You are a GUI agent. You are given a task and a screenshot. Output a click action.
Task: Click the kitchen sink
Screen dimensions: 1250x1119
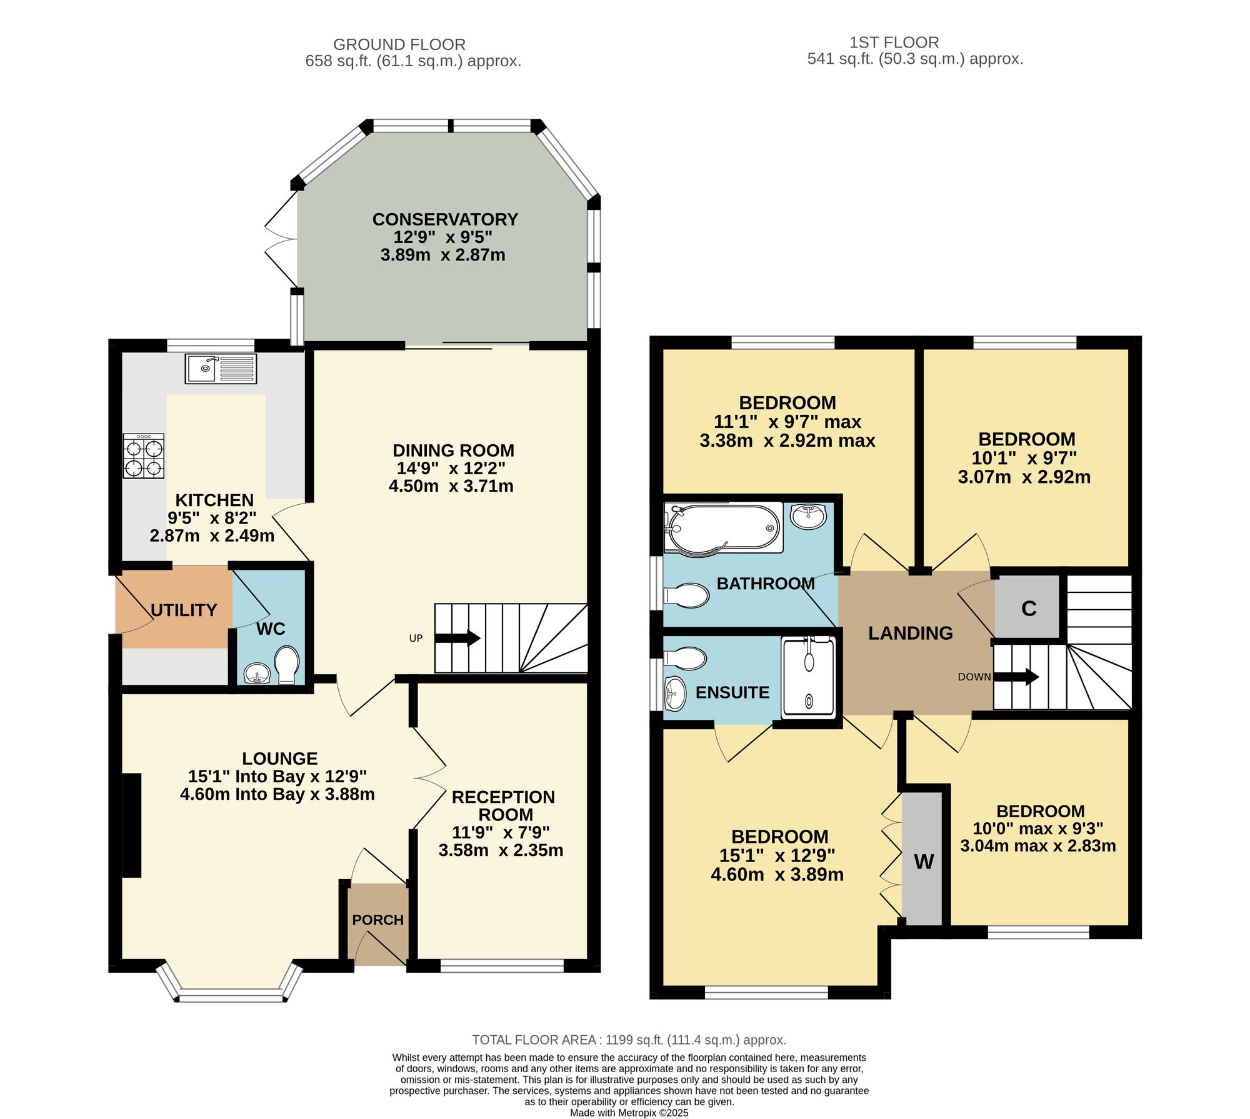(221, 369)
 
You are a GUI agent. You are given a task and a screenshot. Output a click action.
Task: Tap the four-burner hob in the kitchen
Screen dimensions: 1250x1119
(144, 456)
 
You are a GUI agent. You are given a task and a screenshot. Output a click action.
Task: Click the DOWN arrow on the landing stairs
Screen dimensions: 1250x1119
(1016, 677)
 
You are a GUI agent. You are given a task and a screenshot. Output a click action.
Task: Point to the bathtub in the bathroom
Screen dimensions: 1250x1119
(723, 529)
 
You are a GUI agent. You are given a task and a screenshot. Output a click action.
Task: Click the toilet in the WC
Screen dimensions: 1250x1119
(287, 664)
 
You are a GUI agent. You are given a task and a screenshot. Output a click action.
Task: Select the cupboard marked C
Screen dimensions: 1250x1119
(1028, 607)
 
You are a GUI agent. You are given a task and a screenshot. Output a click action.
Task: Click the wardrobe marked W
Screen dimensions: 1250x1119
(922, 859)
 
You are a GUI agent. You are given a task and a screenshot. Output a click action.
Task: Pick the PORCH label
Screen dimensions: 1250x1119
(378, 920)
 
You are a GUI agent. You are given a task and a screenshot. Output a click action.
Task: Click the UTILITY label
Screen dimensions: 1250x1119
(184, 610)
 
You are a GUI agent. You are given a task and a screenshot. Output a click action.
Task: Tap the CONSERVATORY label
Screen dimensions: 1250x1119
(445, 219)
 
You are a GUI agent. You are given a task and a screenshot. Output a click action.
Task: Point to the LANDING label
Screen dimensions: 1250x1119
(911, 633)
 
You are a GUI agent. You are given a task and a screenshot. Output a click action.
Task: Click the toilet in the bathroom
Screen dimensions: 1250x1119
(686, 595)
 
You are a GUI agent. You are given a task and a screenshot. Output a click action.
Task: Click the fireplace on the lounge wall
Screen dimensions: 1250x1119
(131, 825)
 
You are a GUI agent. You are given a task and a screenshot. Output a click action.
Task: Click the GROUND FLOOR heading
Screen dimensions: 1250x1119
(399, 44)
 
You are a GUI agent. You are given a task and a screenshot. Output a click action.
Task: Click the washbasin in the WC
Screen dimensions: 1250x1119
(256, 674)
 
